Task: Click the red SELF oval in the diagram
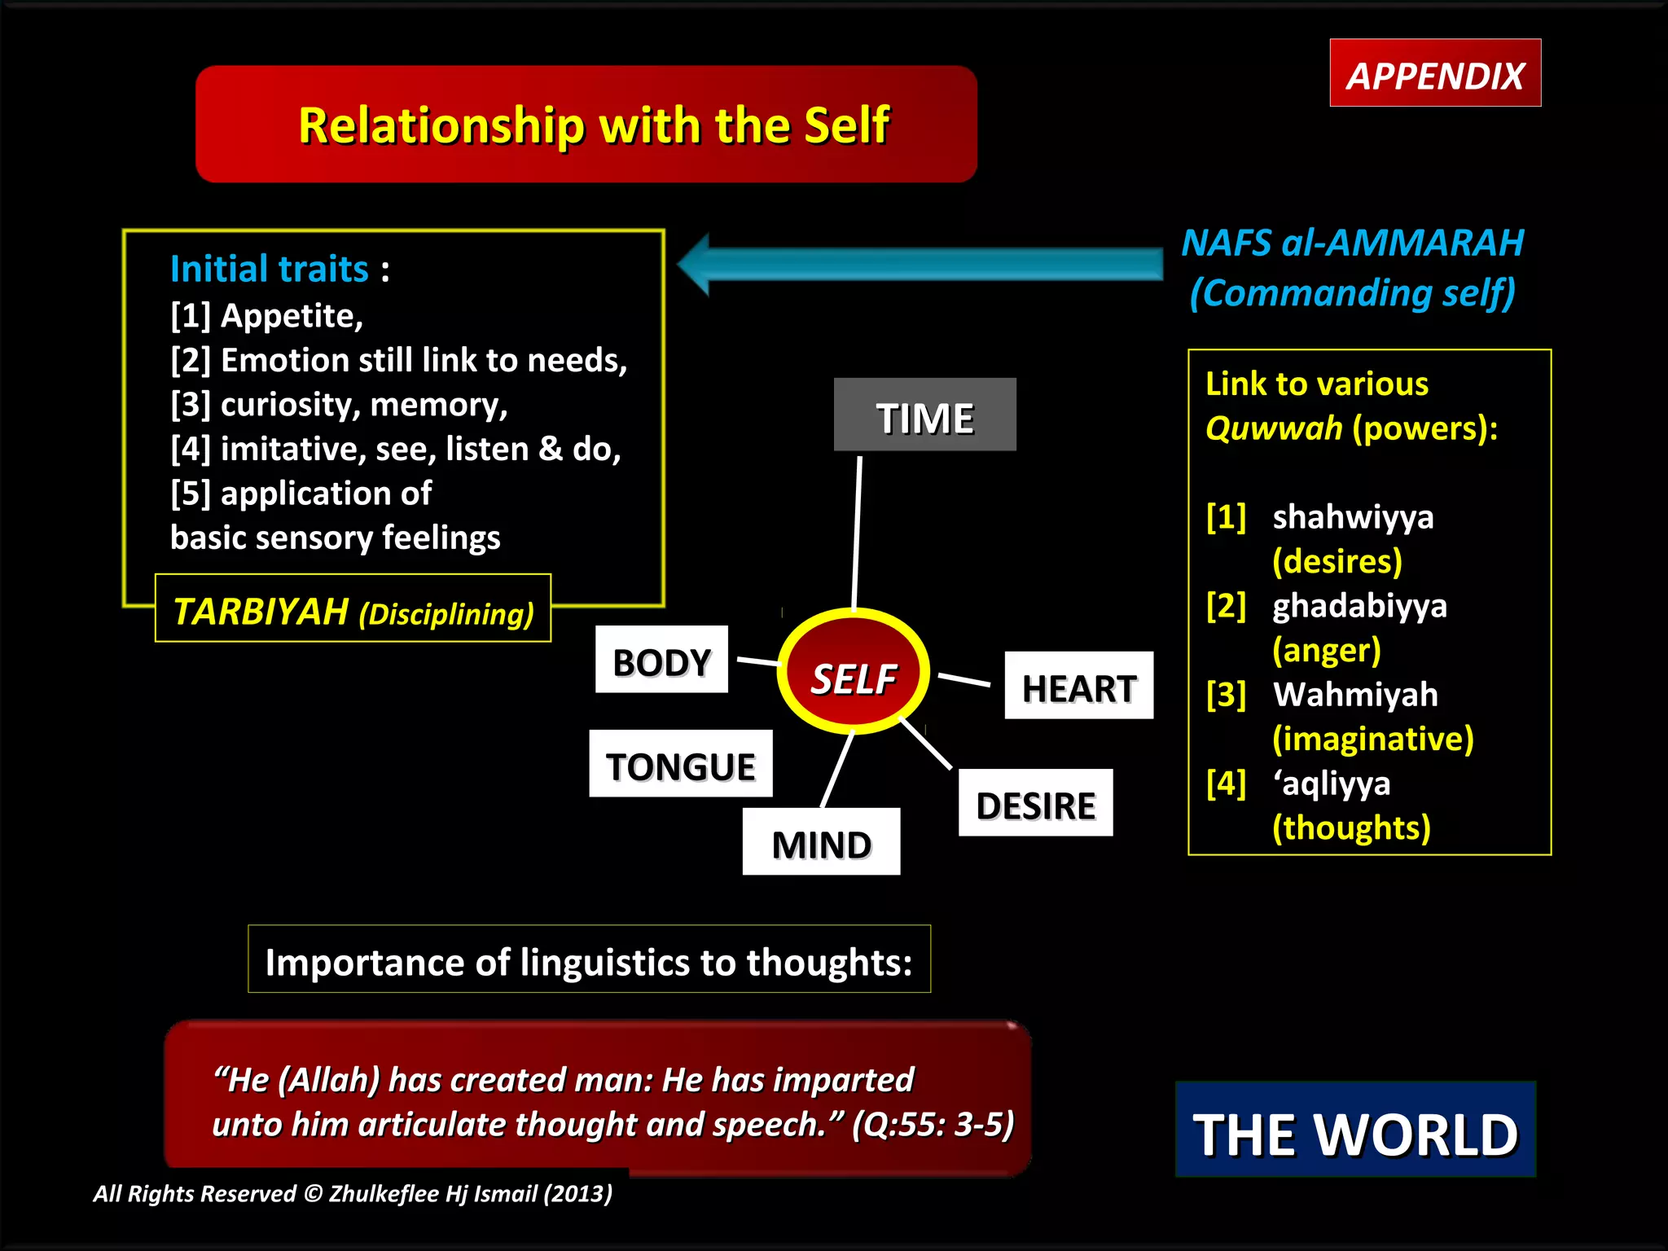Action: coord(854,673)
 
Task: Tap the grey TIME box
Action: coord(924,415)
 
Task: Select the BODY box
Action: coord(661,660)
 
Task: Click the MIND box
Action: coord(821,842)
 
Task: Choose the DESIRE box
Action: coord(1035,803)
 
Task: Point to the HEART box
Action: coord(1078,686)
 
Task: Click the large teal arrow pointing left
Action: coord(920,264)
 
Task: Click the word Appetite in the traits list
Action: coord(292,316)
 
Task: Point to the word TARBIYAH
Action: coord(261,611)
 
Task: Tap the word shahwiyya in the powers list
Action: coord(1353,517)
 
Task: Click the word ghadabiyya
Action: coord(1359,606)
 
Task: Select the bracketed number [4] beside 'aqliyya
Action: coord(1226,784)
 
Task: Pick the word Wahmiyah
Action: coord(1355,695)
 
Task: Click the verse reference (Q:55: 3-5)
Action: coord(933,1124)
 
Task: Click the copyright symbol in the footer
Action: coord(313,1194)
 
